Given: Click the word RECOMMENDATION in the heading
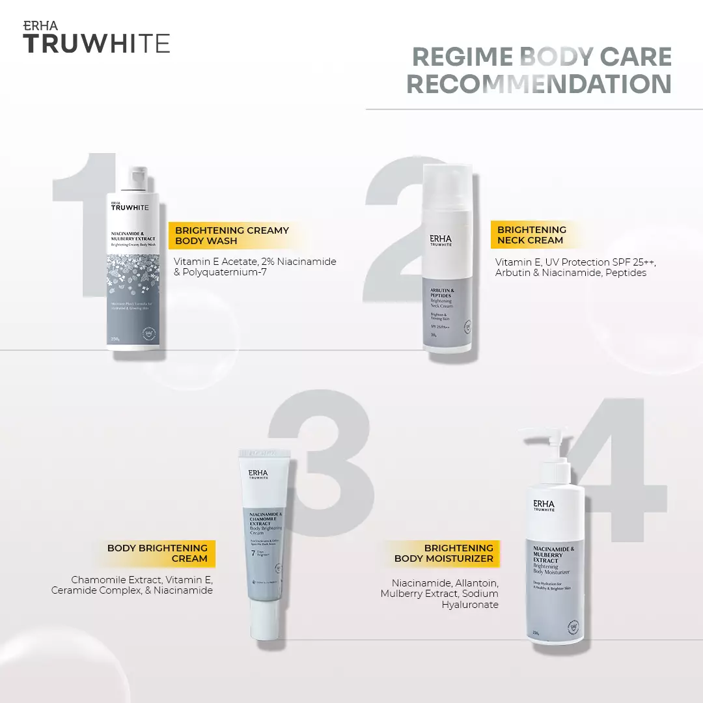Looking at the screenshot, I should (x=539, y=84).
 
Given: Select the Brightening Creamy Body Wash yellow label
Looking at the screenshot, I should (x=232, y=235).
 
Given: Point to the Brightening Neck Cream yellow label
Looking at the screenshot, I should (x=531, y=235).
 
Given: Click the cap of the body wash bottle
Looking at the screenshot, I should (x=137, y=177).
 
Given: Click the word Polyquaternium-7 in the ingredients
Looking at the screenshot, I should (x=225, y=272).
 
